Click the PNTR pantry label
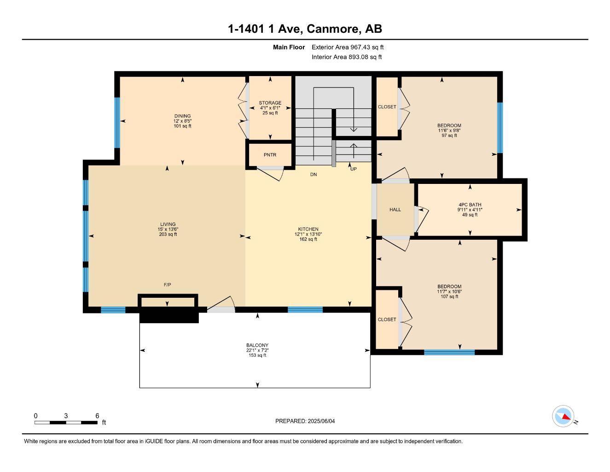pos(270,155)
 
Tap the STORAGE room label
pos(270,103)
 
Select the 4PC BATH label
pos(470,205)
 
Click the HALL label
pos(395,210)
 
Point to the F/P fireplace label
pos(168,285)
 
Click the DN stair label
pos(313,175)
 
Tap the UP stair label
pos(353,169)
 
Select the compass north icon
pos(564,416)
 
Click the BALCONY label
pos(257,345)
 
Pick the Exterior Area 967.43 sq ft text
pos(347,47)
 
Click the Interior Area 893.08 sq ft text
pos(346,57)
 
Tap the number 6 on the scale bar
pos(97,416)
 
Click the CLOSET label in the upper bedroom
pos(387,107)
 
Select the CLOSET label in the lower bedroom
pos(387,319)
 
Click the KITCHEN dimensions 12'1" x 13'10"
pos(308,234)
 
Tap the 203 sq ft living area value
pos(168,234)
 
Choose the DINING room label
pos(182,116)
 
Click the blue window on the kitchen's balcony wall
pos(305,310)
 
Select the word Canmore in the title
pos(333,29)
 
